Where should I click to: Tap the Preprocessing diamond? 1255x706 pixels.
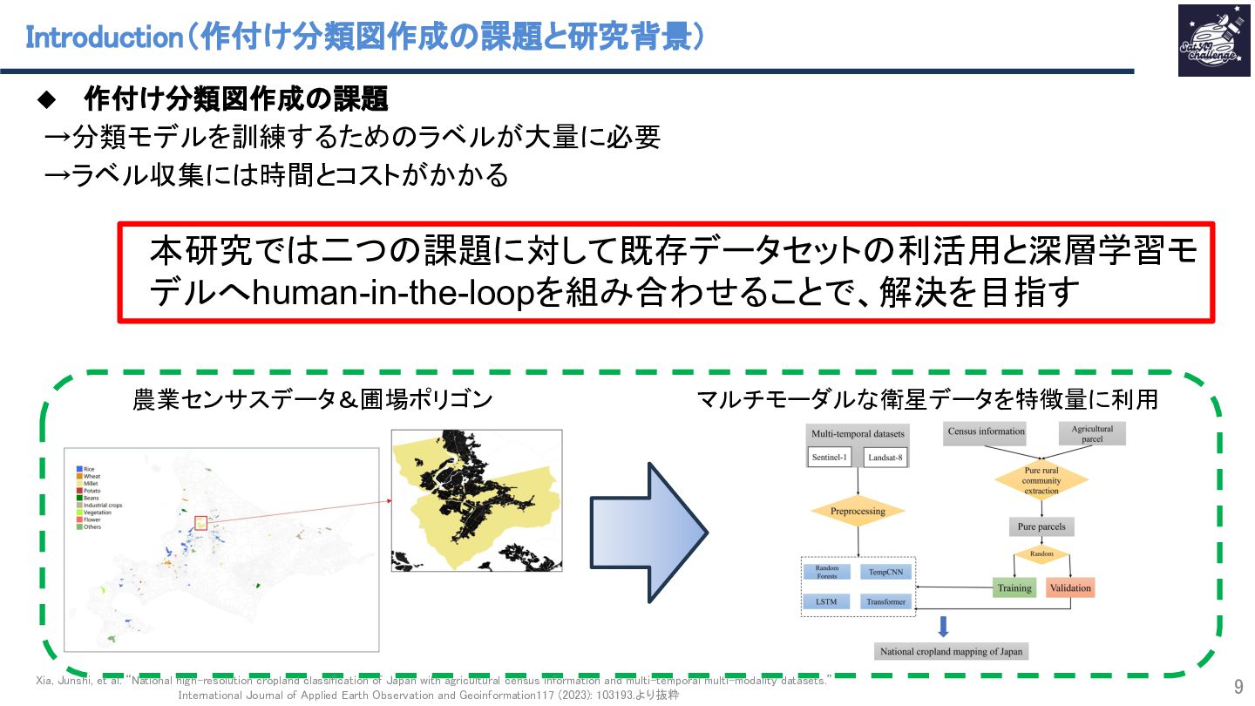point(858,511)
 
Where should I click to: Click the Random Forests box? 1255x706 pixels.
point(827,572)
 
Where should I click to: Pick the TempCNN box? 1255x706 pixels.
point(886,572)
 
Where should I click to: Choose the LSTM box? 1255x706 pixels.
point(827,601)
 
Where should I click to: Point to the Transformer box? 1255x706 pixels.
point(886,601)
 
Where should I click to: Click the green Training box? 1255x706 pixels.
point(1014,587)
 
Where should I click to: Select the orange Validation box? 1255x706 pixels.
point(1070,587)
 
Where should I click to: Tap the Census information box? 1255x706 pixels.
point(986,431)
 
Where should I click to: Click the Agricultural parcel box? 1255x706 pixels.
point(1092,433)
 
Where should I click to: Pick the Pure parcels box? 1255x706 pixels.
point(1041,526)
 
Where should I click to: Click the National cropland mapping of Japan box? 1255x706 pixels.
point(951,651)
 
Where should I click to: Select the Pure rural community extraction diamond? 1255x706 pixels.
point(1041,480)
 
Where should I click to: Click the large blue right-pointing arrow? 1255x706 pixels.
point(648,532)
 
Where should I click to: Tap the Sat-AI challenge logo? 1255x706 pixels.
point(1207,40)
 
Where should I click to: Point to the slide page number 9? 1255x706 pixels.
point(1238,685)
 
